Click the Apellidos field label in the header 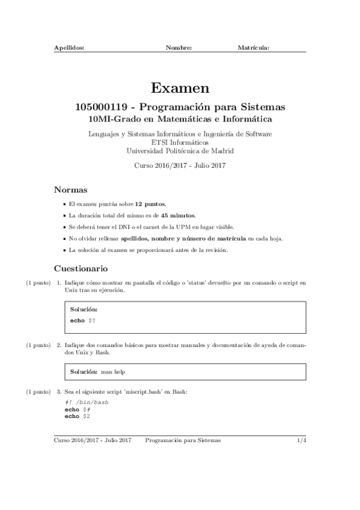point(69,46)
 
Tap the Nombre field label point(178,46)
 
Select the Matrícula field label point(253,46)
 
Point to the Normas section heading point(71,189)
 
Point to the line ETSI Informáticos point(180,142)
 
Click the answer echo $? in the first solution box point(83,321)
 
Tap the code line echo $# point(78,409)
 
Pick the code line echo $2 point(78,416)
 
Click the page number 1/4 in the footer point(302,441)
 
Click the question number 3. point(59,392)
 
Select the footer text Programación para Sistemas point(183,441)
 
